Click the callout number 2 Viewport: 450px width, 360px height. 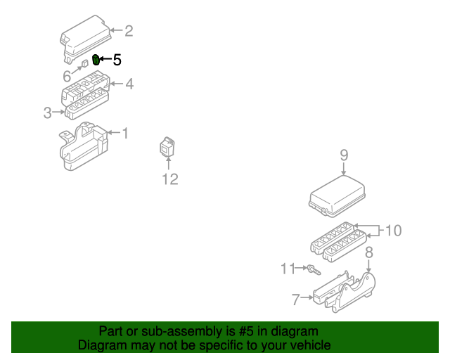coord(128,30)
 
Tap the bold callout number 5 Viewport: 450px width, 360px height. coord(117,60)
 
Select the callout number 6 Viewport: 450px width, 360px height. coord(67,76)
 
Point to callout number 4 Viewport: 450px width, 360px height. coord(129,84)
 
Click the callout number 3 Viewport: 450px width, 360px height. coord(47,112)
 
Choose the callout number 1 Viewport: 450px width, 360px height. coord(126,133)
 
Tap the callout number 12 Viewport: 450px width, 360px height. coord(170,179)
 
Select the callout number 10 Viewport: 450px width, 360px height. coord(393,230)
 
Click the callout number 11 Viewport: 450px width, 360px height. coord(288,268)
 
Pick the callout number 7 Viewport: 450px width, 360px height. coord(295,300)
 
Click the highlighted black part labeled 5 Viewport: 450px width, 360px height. coord(96,60)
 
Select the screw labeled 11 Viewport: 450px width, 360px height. coord(313,269)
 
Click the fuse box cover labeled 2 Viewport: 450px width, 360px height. coord(86,39)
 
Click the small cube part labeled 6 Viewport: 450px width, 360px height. coord(84,64)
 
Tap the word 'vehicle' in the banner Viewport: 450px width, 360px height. coord(309,345)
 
